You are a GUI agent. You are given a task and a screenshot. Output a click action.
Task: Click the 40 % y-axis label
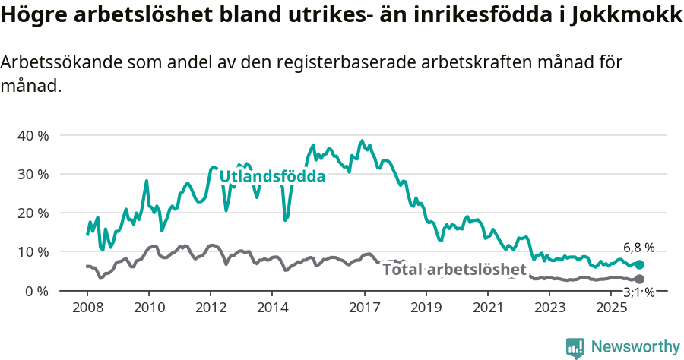33,135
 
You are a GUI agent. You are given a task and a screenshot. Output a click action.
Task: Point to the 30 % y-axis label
33,174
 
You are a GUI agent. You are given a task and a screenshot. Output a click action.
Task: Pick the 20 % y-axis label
33,213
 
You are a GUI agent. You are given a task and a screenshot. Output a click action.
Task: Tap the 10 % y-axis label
33,251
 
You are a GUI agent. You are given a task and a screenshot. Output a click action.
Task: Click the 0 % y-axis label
36,291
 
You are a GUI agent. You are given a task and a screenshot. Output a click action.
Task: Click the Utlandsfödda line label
272,177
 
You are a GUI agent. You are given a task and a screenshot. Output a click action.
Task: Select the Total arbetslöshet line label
454,270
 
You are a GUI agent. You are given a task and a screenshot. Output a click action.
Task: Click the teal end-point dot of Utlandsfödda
639,264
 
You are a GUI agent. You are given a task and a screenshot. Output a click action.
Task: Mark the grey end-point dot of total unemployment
639,279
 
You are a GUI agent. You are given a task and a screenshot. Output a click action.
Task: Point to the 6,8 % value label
638,248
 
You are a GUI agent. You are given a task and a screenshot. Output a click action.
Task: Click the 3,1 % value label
639,292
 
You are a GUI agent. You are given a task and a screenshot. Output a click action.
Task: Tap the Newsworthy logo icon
575,347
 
